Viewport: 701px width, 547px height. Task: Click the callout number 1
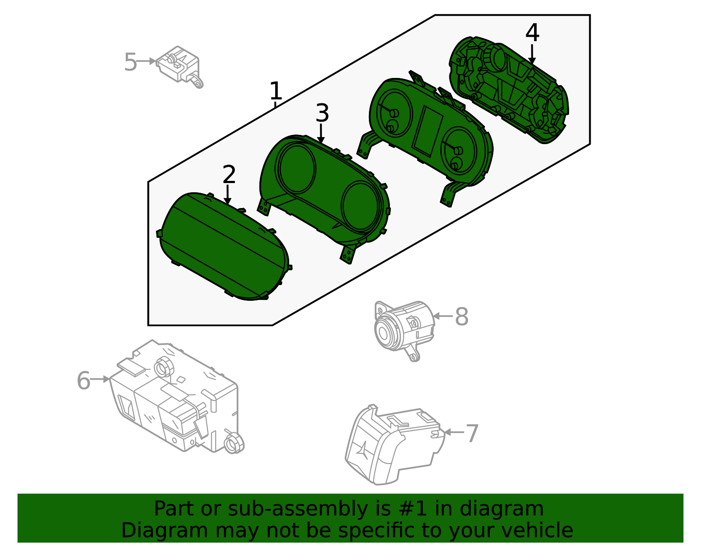276,91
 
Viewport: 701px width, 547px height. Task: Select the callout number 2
229,174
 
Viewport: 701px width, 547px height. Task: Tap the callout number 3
322,113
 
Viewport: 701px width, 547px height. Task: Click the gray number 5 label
131,62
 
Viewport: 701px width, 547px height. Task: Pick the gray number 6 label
84,381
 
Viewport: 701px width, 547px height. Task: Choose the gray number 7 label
472,433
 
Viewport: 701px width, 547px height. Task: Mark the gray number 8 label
461,317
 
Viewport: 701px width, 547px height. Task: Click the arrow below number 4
532,54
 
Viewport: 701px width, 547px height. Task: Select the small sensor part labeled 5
180,67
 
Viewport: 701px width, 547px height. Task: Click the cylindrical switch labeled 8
404,331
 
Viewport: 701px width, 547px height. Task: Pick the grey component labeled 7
395,445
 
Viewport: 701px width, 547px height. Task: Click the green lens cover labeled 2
224,246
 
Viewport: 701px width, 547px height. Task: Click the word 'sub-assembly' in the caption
297,509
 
